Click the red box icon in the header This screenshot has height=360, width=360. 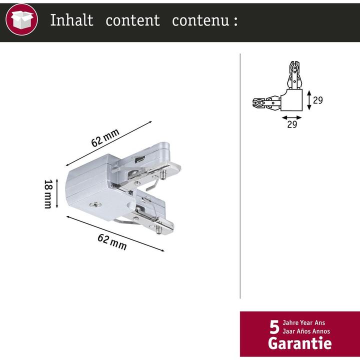coord(21,20)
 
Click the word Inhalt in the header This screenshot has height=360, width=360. coord(71,20)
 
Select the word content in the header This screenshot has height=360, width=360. coord(132,20)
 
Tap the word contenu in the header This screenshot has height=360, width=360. coord(200,20)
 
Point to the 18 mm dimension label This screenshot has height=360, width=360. coord(48,193)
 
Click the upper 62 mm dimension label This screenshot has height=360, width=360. coord(105,137)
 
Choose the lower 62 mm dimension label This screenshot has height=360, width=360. coord(111,241)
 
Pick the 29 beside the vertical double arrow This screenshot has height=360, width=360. coord(317,100)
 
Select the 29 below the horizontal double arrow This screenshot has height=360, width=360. coord(292,124)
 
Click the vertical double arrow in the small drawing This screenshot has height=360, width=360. coord(308,100)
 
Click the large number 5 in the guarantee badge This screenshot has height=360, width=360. coord(274,327)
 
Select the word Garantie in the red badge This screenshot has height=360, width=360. coord(299,343)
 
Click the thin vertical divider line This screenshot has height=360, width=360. coord(240,175)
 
